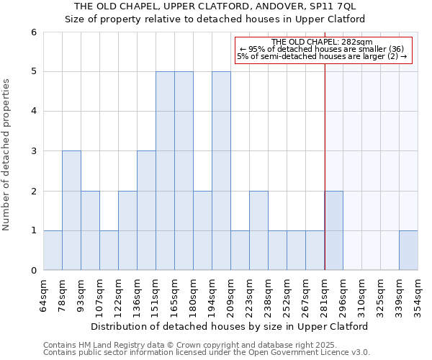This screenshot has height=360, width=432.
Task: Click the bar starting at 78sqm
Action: (x=71, y=210)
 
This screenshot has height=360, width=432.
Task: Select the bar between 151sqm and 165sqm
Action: (x=165, y=171)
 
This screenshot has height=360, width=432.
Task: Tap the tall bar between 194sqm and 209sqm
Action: (x=221, y=171)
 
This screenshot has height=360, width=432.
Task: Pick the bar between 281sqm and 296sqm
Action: (x=333, y=230)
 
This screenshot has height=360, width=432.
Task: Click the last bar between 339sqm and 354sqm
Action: (x=408, y=250)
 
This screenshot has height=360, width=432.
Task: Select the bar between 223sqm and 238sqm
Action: (x=258, y=230)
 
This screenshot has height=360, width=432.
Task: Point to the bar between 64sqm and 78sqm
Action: (x=53, y=250)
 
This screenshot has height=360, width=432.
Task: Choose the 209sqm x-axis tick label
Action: (x=231, y=294)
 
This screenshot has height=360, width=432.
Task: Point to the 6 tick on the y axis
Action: (x=33, y=32)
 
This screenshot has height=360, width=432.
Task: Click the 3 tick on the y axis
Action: (x=33, y=151)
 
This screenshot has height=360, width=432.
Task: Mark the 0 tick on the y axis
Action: (x=33, y=271)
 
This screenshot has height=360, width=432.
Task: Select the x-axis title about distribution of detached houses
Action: (x=230, y=326)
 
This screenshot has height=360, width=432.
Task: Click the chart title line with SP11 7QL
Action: (x=215, y=6)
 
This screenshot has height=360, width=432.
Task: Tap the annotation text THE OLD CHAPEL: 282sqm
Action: (x=322, y=42)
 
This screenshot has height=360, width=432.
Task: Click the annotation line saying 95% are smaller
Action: (x=322, y=49)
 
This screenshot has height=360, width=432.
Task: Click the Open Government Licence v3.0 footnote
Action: (x=207, y=353)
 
